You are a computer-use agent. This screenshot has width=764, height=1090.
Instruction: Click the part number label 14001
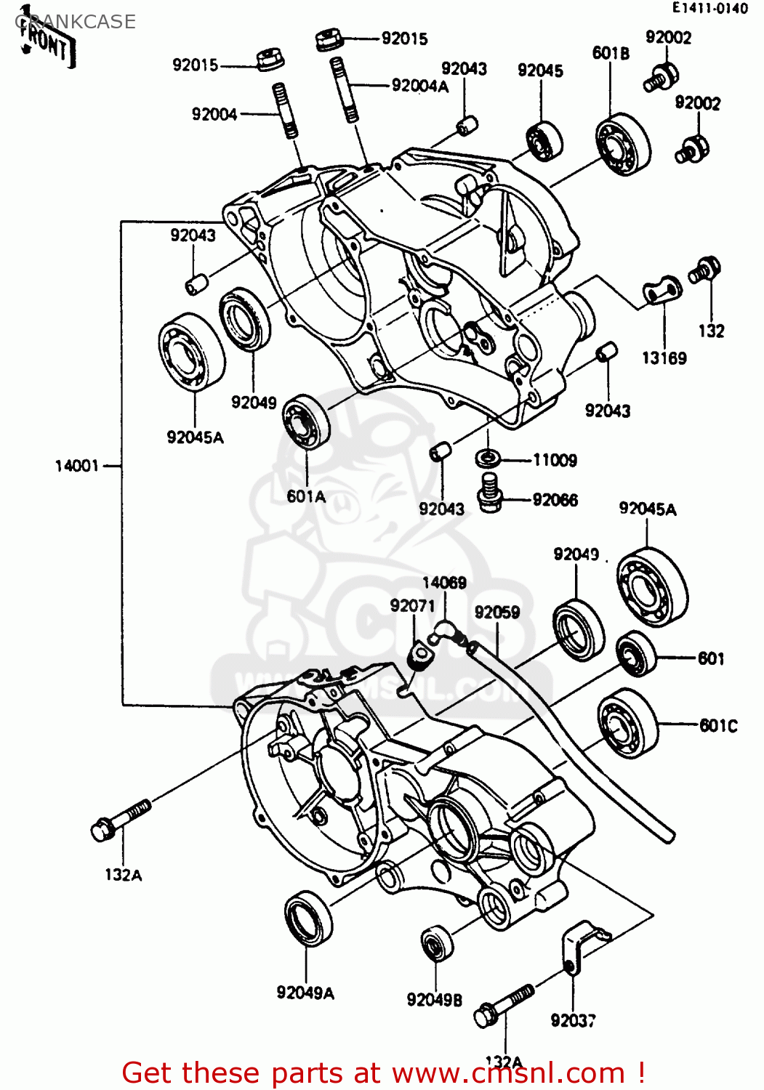[x=76, y=466]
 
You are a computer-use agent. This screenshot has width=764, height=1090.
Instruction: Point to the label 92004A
[x=419, y=86]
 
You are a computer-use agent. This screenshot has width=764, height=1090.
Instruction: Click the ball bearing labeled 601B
[x=623, y=145]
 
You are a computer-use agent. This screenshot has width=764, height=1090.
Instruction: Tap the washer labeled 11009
[x=487, y=459]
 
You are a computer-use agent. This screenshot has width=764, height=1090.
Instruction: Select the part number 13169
[x=664, y=358]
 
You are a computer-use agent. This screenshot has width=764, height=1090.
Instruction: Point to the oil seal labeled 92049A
[x=307, y=918]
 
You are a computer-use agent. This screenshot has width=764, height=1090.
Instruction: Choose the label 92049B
[x=434, y=1000]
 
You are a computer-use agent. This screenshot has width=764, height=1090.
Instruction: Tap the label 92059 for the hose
[x=496, y=613]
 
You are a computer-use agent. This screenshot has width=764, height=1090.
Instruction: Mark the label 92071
[x=411, y=606]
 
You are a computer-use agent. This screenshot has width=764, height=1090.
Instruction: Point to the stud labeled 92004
[x=286, y=110]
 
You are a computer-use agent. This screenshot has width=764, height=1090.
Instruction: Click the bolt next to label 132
[x=704, y=270]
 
